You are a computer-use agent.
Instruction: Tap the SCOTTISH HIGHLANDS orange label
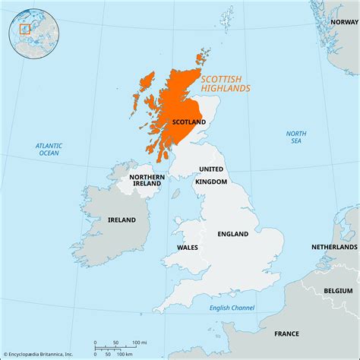click(226, 83)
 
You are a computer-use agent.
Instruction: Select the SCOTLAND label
click(188, 122)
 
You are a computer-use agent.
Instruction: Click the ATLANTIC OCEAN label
click(49, 149)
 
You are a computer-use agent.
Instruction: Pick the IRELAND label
click(121, 219)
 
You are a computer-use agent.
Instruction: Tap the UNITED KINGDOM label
click(212, 175)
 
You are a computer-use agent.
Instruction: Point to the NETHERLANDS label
click(333, 248)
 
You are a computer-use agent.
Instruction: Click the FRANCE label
click(286, 333)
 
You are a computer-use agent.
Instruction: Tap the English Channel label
click(231, 307)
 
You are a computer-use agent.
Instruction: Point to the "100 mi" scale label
click(141, 340)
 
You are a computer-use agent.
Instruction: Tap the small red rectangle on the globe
click(24, 30)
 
